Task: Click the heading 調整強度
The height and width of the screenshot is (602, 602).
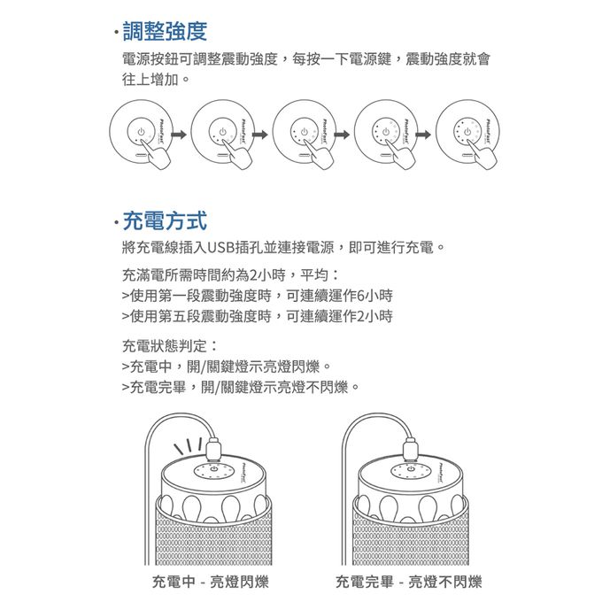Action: [x=165, y=32]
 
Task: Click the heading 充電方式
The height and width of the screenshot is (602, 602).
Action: [x=165, y=219]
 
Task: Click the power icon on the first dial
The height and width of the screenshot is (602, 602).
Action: [x=138, y=132]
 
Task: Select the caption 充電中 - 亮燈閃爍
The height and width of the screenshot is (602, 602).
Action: [x=210, y=582]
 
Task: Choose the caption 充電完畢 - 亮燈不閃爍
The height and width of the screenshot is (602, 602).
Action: [x=409, y=582]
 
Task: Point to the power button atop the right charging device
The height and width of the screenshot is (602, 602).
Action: [x=410, y=468]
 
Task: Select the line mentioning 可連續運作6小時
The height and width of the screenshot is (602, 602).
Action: [x=257, y=295]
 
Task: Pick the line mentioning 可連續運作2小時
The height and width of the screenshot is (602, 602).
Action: [x=257, y=316]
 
